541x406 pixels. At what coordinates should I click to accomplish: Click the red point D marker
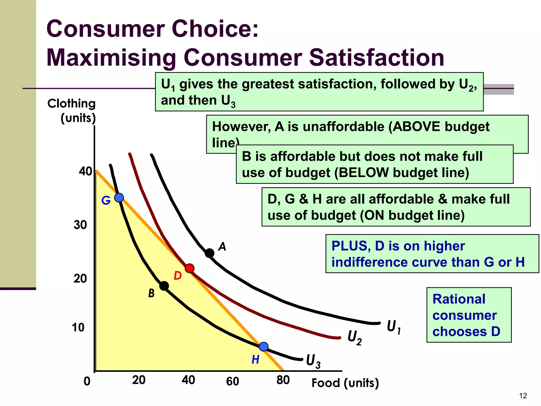pyautogui.click(x=189, y=268)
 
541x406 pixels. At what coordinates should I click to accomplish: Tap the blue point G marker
pyautogui.click(x=119, y=197)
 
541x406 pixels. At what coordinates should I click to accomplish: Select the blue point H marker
pyautogui.click(x=263, y=347)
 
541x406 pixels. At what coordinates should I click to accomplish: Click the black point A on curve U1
pyautogui.click(x=209, y=253)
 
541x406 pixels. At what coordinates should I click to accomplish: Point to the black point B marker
pyautogui.click(x=164, y=286)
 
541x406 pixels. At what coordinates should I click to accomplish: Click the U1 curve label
pyautogui.click(x=394, y=327)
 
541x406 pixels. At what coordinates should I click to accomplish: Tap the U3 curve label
pyautogui.click(x=313, y=361)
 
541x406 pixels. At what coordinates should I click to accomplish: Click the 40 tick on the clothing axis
pyautogui.click(x=86, y=172)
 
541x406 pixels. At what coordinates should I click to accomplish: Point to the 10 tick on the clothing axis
pyautogui.click(x=78, y=327)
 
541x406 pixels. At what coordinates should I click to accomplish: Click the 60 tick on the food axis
pyautogui.click(x=232, y=381)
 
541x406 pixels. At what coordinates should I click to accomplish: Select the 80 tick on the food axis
pyautogui.click(x=283, y=380)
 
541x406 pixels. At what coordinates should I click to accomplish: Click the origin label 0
pyautogui.click(x=87, y=381)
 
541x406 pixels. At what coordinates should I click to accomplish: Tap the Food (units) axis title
pyautogui.click(x=345, y=383)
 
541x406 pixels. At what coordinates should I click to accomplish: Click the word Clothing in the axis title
pyautogui.click(x=71, y=103)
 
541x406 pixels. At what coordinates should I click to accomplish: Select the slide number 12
pyautogui.click(x=523, y=396)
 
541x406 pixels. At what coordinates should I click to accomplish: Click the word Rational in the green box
pyautogui.click(x=459, y=299)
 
